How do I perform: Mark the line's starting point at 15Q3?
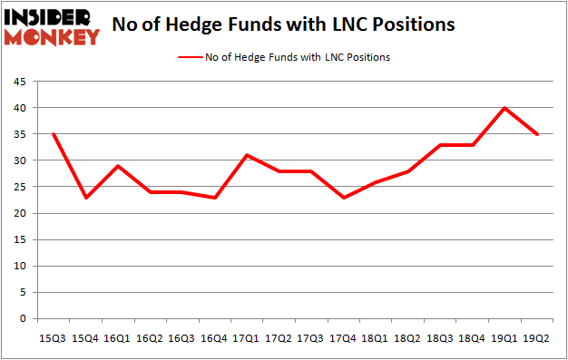(x=53, y=134)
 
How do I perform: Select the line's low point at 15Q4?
(x=85, y=198)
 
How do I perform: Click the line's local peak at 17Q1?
(x=248, y=155)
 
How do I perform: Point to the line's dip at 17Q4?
(x=345, y=198)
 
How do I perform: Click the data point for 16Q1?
(x=118, y=166)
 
